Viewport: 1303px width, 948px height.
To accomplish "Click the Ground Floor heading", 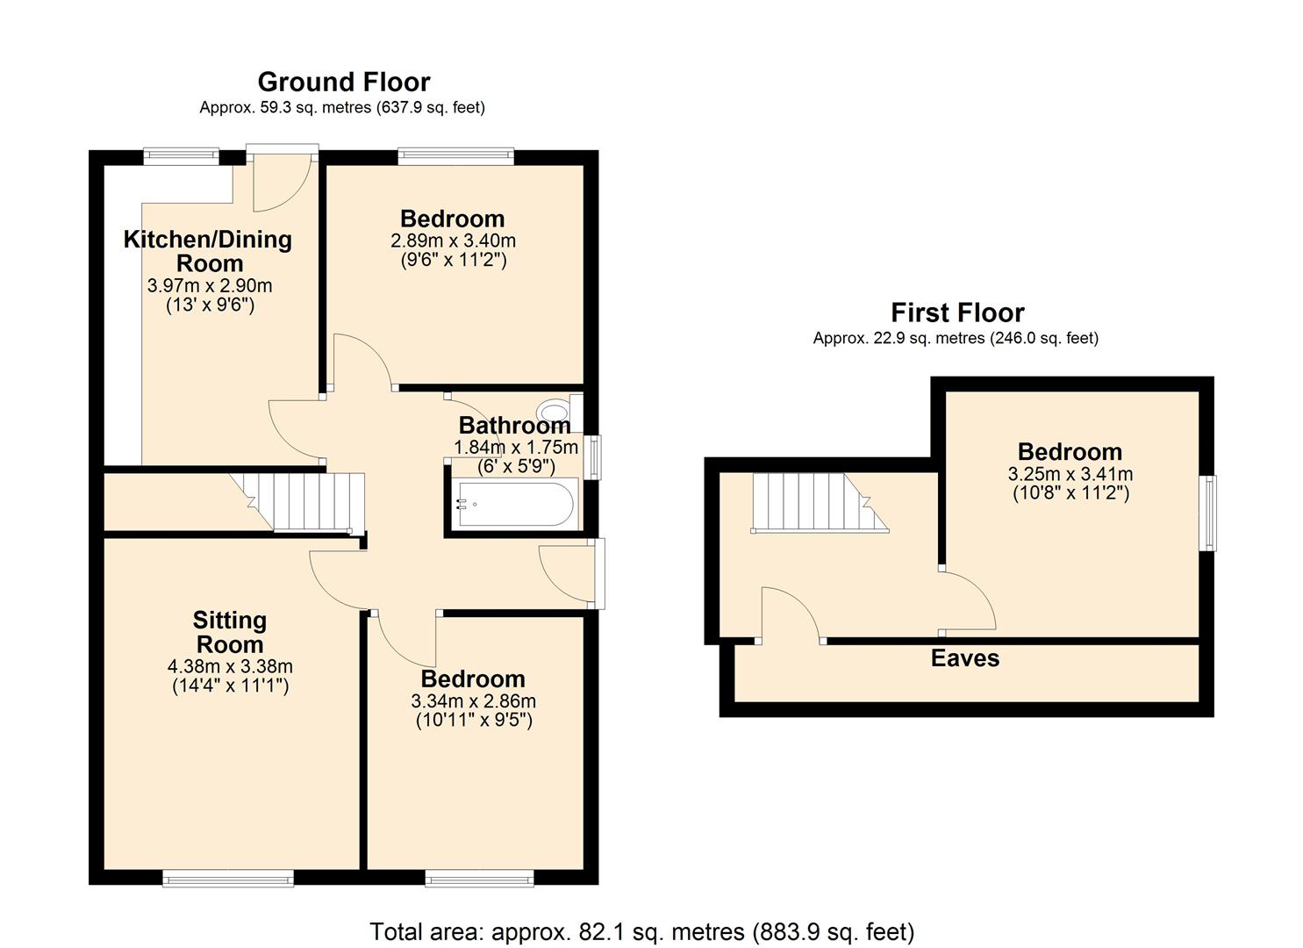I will [343, 82].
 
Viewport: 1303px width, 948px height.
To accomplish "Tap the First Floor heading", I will [957, 312].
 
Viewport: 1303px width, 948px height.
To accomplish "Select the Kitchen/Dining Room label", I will [208, 251].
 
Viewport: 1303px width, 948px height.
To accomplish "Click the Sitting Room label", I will [229, 632].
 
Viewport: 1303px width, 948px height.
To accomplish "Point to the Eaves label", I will [965, 658].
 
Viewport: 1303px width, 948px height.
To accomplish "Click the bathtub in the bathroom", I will [514, 504].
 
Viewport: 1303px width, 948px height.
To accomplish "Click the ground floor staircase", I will [311, 502].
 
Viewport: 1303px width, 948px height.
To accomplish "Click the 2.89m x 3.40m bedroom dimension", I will [453, 241].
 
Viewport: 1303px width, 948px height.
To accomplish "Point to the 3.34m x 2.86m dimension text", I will [473, 701].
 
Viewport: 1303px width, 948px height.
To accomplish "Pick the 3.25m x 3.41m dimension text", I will [1070, 474].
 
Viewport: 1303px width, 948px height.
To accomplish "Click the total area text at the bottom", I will [641, 931].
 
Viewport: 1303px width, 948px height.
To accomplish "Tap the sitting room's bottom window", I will [228, 878].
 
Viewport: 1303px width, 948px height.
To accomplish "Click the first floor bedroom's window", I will [1209, 513].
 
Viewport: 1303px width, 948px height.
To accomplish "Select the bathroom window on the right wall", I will [595, 457].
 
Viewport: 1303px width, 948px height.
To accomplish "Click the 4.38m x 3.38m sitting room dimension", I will [230, 666].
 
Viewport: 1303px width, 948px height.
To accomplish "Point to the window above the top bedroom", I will [455, 156].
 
